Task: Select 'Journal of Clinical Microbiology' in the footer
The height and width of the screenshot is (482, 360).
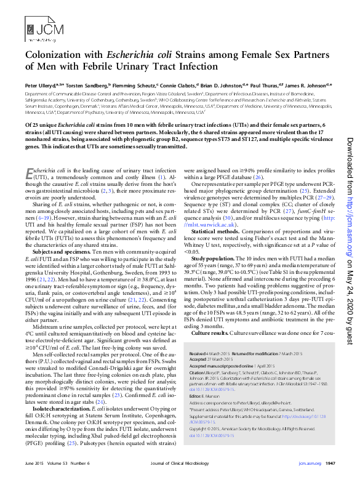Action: tap(178, 462)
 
